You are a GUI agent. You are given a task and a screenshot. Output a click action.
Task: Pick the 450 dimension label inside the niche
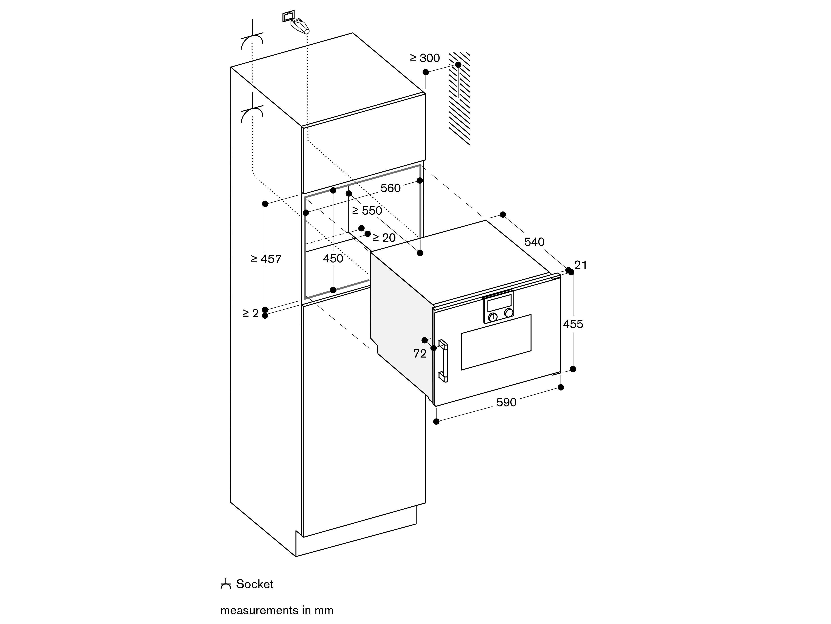coord(333,258)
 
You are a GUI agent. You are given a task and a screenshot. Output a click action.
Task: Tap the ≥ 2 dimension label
coord(251,313)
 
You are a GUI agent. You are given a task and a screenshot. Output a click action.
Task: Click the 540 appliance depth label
coord(534,242)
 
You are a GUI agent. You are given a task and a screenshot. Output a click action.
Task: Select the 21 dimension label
coord(580,265)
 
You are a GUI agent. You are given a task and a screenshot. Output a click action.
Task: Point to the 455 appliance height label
coord(573,324)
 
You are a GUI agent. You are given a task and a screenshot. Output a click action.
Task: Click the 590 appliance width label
coord(506,402)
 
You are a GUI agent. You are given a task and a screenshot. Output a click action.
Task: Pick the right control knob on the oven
coord(509,313)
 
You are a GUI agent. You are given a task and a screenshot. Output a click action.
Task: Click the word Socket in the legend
coord(254,584)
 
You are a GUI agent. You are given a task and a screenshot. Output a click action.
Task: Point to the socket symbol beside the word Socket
coord(225,584)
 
